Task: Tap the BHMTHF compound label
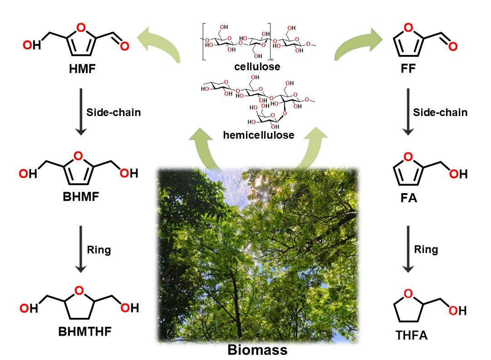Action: coord(85,331)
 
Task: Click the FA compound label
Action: coord(407,198)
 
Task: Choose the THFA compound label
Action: coord(412,336)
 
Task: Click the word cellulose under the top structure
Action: coord(257,67)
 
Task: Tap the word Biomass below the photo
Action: coord(257,350)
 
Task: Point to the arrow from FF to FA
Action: coord(408,112)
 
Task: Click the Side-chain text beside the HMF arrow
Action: coord(113,112)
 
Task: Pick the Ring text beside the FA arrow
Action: coord(426,249)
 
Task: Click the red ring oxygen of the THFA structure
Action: coord(408,294)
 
